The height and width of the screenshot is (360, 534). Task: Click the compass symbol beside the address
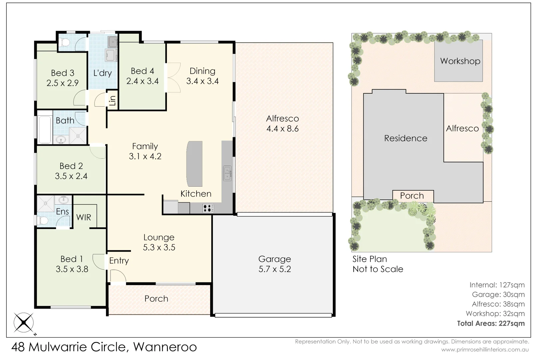tap(24, 323)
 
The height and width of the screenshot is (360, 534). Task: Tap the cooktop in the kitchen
tap(208, 208)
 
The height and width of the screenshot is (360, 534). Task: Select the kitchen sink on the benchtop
tap(227, 173)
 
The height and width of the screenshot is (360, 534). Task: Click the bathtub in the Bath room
tap(45, 130)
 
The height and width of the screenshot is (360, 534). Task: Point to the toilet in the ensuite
tap(43, 220)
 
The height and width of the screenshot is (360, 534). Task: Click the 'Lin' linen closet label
tap(113, 100)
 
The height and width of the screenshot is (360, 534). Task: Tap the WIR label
tap(84, 217)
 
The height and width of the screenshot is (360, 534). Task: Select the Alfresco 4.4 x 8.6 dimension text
tap(282, 129)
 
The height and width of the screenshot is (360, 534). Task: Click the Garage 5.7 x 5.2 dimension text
tap(274, 269)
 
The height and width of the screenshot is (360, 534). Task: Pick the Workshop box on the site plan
tap(458, 61)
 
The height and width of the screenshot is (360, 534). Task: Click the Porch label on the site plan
tap(412, 196)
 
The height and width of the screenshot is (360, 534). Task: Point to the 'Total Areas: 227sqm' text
tap(491, 323)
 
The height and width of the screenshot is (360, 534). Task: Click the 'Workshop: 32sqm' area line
tap(495, 314)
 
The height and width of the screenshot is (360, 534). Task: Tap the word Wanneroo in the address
tap(165, 347)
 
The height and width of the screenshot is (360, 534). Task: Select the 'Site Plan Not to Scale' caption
tap(378, 264)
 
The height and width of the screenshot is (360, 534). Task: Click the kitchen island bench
tap(194, 164)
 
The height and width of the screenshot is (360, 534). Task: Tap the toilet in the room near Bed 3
tap(65, 43)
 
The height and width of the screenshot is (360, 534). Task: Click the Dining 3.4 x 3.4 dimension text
tap(202, 81)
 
